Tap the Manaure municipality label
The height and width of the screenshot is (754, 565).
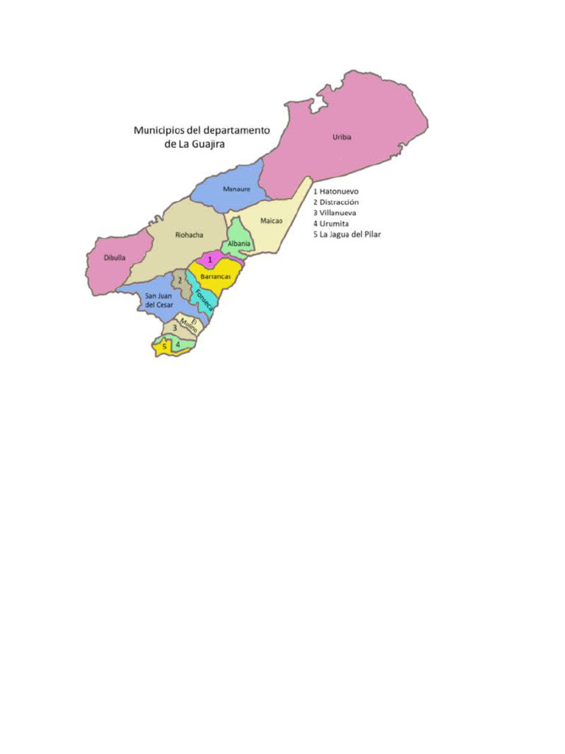(x=237, y=189)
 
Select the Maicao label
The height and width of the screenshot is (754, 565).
(x=271, y=220)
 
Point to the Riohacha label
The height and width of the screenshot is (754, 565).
(x=189, y=235)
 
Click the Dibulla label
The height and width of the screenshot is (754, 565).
(x=114, y=258)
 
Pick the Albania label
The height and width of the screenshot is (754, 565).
(x=239, y=244)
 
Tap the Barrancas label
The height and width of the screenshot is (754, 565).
(x=216, y=275)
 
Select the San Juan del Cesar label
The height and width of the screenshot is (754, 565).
(x=159, y=300)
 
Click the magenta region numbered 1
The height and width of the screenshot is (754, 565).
(x=210, y=260)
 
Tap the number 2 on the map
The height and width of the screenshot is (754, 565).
(x=180, y=281)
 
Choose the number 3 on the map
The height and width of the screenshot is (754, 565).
(x=174, y=328)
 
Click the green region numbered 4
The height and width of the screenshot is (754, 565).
(x=178, y=344)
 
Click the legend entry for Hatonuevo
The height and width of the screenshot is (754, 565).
(x=336, y=191)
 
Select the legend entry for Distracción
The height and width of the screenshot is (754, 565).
(x=336, y=202)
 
